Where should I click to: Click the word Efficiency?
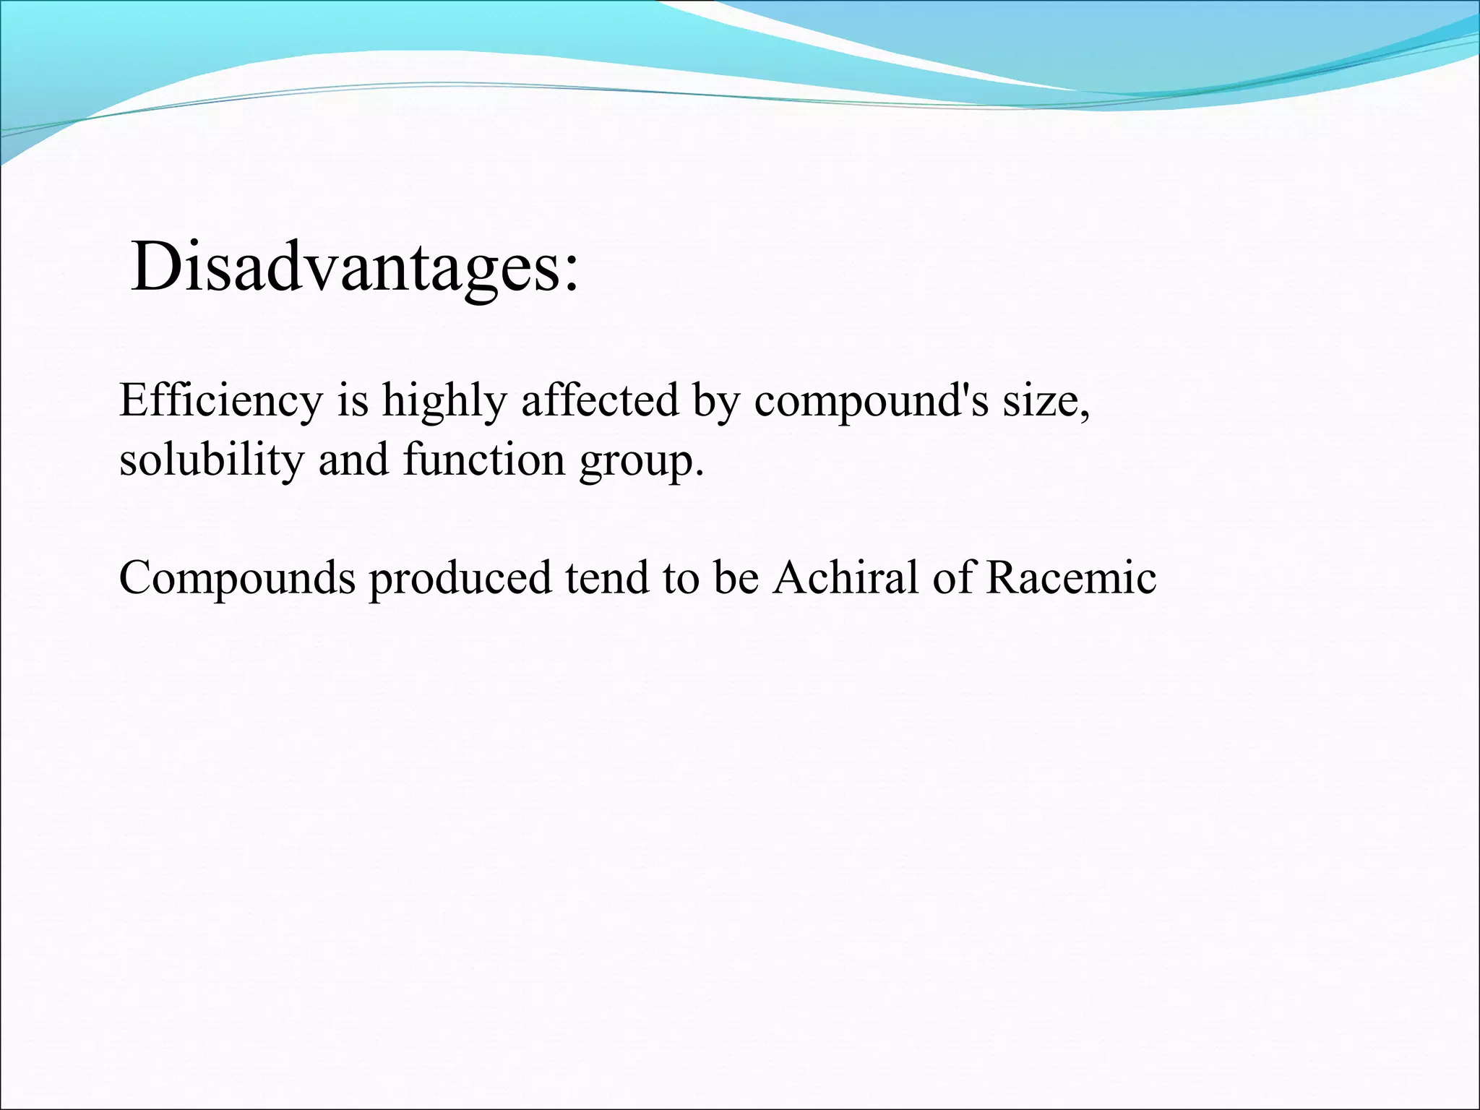pos(220,400)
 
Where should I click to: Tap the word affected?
pos(599,400)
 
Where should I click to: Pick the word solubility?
pos(212,460)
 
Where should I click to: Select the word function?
pos(483,459)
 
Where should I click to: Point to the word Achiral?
pos(845,577)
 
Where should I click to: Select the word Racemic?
pos(1070,577)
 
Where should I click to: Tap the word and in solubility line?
pos(353,459)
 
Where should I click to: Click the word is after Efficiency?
pos(353,400)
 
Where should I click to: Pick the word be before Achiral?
pos(736,577)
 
